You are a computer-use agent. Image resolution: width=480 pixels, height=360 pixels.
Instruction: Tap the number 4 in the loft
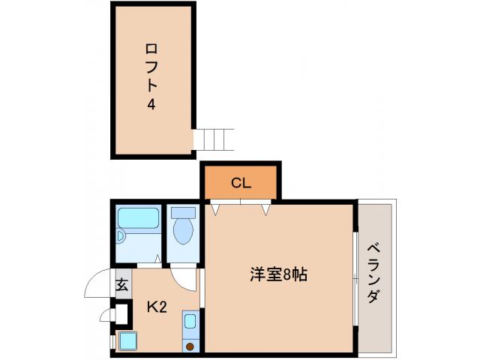click(151, 105)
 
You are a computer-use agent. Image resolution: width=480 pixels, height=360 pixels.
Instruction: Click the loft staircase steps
click(214, 139)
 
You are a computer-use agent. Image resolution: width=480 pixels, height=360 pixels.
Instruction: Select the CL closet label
click(240, 182)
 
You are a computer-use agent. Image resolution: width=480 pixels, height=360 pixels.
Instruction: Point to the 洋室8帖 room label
click(277, 274)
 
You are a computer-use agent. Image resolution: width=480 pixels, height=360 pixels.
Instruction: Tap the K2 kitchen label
click(156, 306)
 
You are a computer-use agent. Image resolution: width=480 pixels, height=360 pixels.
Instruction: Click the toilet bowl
click(182, 232)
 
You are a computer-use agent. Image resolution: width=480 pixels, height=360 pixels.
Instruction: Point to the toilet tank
click(182, 212)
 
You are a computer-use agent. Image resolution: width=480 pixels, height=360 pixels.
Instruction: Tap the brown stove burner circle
click(190, 346)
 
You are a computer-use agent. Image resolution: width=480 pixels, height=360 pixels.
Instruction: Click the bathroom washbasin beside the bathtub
click(121, 237)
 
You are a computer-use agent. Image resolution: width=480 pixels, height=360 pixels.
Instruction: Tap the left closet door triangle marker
click(216, 208)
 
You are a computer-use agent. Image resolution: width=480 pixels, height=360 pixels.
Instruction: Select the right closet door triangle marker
click(265, 208)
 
